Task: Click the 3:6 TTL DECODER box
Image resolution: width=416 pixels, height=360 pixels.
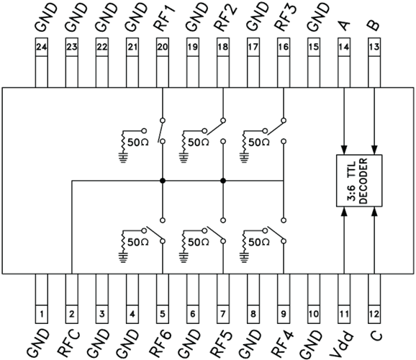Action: (x=359, y=181)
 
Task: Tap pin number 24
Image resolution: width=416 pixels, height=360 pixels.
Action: (x=42, y=47)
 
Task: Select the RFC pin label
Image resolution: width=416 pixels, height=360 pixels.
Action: (x=68, y=343)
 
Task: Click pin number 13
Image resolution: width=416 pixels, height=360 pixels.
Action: (x=374, y=47)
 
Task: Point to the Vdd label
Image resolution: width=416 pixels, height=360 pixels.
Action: (x=342, y=344)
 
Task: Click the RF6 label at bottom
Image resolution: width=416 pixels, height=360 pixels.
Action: (x=160, y=343)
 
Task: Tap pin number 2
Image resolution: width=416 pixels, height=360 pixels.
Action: (x=72, y=314)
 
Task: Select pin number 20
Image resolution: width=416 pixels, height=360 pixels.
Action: (x=163, y=47)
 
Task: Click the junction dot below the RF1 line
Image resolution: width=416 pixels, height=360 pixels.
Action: (x=163, y=181)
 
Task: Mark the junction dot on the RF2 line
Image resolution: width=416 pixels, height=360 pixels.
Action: (x=223, y=181)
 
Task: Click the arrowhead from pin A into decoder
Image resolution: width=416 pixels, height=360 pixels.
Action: (x=344, y=150)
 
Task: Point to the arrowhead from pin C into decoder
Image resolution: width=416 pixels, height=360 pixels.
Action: (x=374, y=212)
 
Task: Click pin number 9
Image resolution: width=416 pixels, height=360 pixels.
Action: (x=284, y=314)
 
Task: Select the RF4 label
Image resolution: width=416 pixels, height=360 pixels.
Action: (x=282, y=343)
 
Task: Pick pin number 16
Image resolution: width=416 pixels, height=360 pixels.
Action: (x=284, y=47)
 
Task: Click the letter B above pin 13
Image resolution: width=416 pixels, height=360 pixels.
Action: (x=374, y=25)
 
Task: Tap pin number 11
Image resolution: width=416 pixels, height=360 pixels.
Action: (x=344, y=314)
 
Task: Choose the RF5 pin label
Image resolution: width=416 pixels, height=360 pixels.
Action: (x=221, y=343)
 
